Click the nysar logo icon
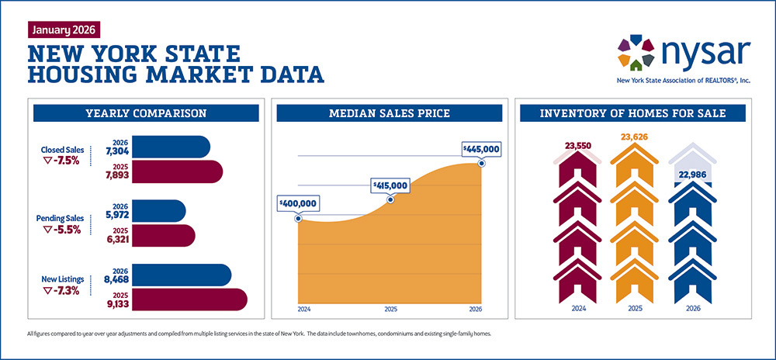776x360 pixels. pos(636,52)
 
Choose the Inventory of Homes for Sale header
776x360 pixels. pos(632,114)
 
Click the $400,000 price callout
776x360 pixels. pos(298,203)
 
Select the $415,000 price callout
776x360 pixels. pos(389,186)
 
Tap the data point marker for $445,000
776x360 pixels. pos(482,163)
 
